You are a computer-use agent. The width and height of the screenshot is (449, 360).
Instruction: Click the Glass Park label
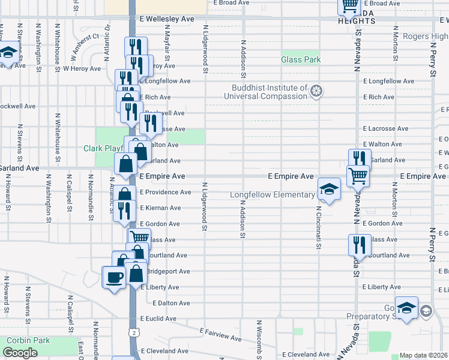[301, 60]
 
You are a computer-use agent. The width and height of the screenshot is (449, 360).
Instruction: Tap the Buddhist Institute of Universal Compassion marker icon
[317, 92]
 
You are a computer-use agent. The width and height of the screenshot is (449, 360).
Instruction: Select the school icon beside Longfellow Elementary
[328, 189]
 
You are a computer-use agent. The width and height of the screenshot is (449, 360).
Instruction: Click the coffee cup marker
[114, 277]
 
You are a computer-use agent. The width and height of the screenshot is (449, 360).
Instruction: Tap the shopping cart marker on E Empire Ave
[358, 176]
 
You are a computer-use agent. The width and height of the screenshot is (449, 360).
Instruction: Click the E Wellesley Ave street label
[167, 19]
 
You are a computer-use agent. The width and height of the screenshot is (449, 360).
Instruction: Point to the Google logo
[20, 353]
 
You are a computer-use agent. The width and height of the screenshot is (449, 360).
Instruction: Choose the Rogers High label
[425, 37]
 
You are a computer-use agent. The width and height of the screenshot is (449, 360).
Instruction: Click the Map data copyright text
[423, 355]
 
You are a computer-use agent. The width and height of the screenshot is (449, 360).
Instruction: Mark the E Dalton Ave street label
[171, 303]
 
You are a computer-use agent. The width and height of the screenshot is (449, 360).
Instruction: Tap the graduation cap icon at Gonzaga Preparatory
[406, 308]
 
